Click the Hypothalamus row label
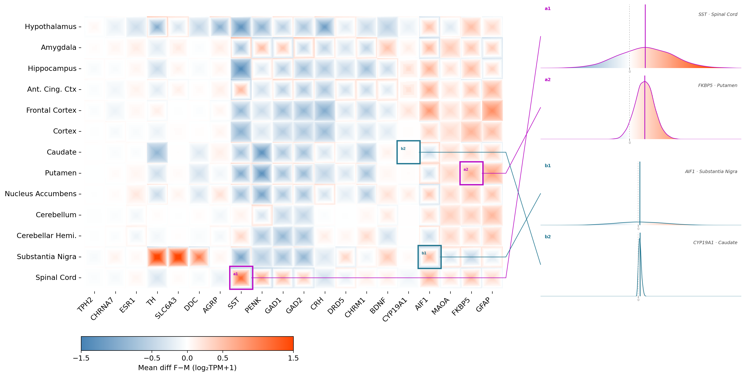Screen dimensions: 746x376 point(51,27)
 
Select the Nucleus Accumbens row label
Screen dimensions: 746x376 point(40,194)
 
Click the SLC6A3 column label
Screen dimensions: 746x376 point(166,308)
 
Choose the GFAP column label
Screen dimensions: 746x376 point(483,304)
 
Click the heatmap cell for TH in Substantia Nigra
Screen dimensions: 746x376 point(157,257)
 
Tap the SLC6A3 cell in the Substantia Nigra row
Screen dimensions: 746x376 point(178,257)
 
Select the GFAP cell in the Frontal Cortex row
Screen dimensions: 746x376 point(492,111)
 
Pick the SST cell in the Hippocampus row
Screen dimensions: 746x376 point(241,69)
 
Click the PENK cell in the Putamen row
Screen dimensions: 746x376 point(262,173)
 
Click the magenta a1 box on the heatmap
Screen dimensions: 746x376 point(241,267)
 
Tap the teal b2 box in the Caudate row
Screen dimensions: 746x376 point(408,141)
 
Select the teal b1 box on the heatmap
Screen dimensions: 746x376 point(429,246)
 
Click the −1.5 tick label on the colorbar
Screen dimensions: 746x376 point(81,358)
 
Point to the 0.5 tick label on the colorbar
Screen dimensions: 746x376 point(223,358)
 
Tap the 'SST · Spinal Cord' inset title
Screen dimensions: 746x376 point(718,14)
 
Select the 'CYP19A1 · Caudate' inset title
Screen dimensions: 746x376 point(715,242)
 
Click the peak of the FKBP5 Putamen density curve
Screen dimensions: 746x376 point(645,81)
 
